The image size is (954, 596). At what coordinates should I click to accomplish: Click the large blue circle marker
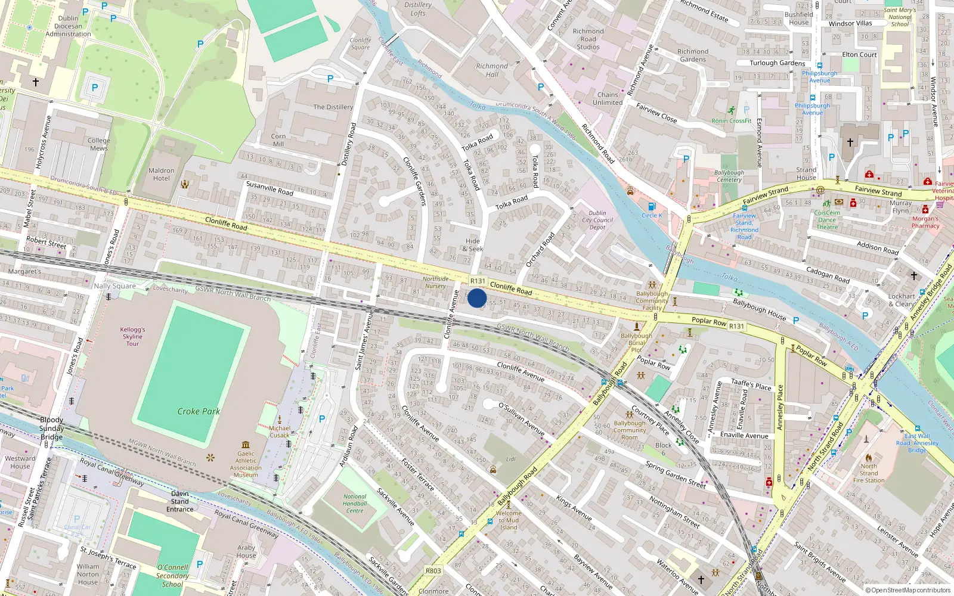pyautogui.click(x=477, y=298)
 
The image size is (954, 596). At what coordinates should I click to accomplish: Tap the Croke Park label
pyautogui.click(x=199, y=411)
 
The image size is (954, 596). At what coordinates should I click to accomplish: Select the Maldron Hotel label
pyautogui.click(x=161, y=174)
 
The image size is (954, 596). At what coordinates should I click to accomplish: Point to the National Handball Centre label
pyautogui.click(x=355, y=504)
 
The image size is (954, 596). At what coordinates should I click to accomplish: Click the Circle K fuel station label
pyautogui.click(x=652, y=215)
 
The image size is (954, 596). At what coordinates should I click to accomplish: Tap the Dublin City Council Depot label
pyautogui.click(x=597, y=220)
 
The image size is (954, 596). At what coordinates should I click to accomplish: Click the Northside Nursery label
pyautogui.click(x=435, y=283)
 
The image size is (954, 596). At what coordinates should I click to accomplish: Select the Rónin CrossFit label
pyautogui.click(x=731, y=121)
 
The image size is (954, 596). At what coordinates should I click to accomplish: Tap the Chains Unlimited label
pyautogui.click(x=608, y=98)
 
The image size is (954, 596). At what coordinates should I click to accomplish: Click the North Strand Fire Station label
pyautogui.click(x=869, y=473)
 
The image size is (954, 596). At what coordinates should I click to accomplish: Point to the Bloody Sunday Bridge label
pyautogui.click(x=51, y=428)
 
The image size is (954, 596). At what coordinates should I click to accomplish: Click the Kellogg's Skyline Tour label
pyautogui.click(x=132, y=336)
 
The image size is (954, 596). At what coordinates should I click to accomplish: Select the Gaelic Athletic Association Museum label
pyautogui.click(x=246, y=464)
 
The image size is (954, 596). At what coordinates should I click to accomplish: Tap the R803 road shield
pyautogui.click(x=433, y=570)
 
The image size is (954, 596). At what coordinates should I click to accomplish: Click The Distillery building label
pyautogui.click(x=333, y=107)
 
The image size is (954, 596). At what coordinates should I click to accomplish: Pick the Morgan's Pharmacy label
pyautogui.click(x=925, y=222)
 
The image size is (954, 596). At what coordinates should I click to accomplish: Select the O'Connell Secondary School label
pyautogui.click(x=172, y=576)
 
